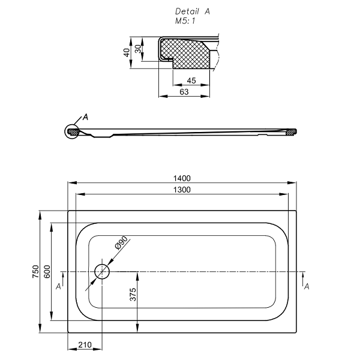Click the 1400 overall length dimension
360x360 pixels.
pyautogui.click(x=182, y=178)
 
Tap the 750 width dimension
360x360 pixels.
pyautogui.click(x=36, y=271)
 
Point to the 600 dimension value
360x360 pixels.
pyautogui.click(x=47, y=271)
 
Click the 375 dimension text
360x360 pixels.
pyautogui.click(x=134, y=294)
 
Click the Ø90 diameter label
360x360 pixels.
pyautogui.click(x=121, y=243)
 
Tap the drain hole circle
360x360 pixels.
pyautogui.click(x=102, y=271)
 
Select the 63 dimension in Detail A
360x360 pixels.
pyautogui.click(x=184, y=92)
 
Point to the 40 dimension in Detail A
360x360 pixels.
pyautogui.click(x=127, y=52)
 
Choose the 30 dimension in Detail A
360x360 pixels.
pyautogui.click(x=139, y=49)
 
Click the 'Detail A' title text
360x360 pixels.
pyautogui.click(x=192, y=11)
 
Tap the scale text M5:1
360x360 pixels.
pyautogui.click(x=185, y=20)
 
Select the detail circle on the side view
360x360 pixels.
pyautogui.click(x=73, y=130)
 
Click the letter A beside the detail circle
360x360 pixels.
pyautogui.click(x=85, y=117)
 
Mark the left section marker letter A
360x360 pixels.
pyautogui.click(x=58, y=287)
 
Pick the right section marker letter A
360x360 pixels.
pyautogui.click(x=307, y=287)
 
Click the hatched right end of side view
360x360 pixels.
pyautogui.click(x=292, y=131)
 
